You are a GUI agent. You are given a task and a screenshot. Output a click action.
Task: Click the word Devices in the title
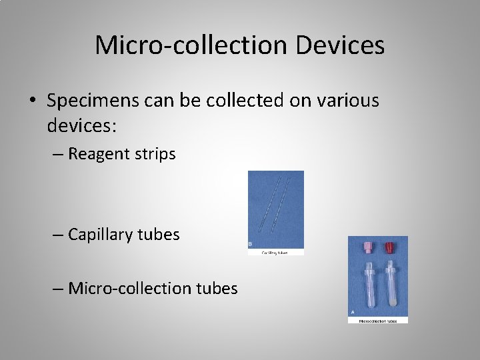coord(340,45)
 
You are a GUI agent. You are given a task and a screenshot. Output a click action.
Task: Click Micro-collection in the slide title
coord(191,45)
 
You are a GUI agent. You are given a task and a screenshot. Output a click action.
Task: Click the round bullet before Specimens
coord(32,101)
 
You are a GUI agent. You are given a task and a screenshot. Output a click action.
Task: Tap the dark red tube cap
coord(389,249)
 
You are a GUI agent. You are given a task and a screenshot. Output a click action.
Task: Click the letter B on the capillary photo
coord(250,245)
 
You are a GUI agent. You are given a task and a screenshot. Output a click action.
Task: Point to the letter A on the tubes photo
coord(352,311)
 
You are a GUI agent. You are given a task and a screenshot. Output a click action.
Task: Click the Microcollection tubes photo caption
coord(378,320)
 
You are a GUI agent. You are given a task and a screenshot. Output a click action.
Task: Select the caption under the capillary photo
coord(275,253)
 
